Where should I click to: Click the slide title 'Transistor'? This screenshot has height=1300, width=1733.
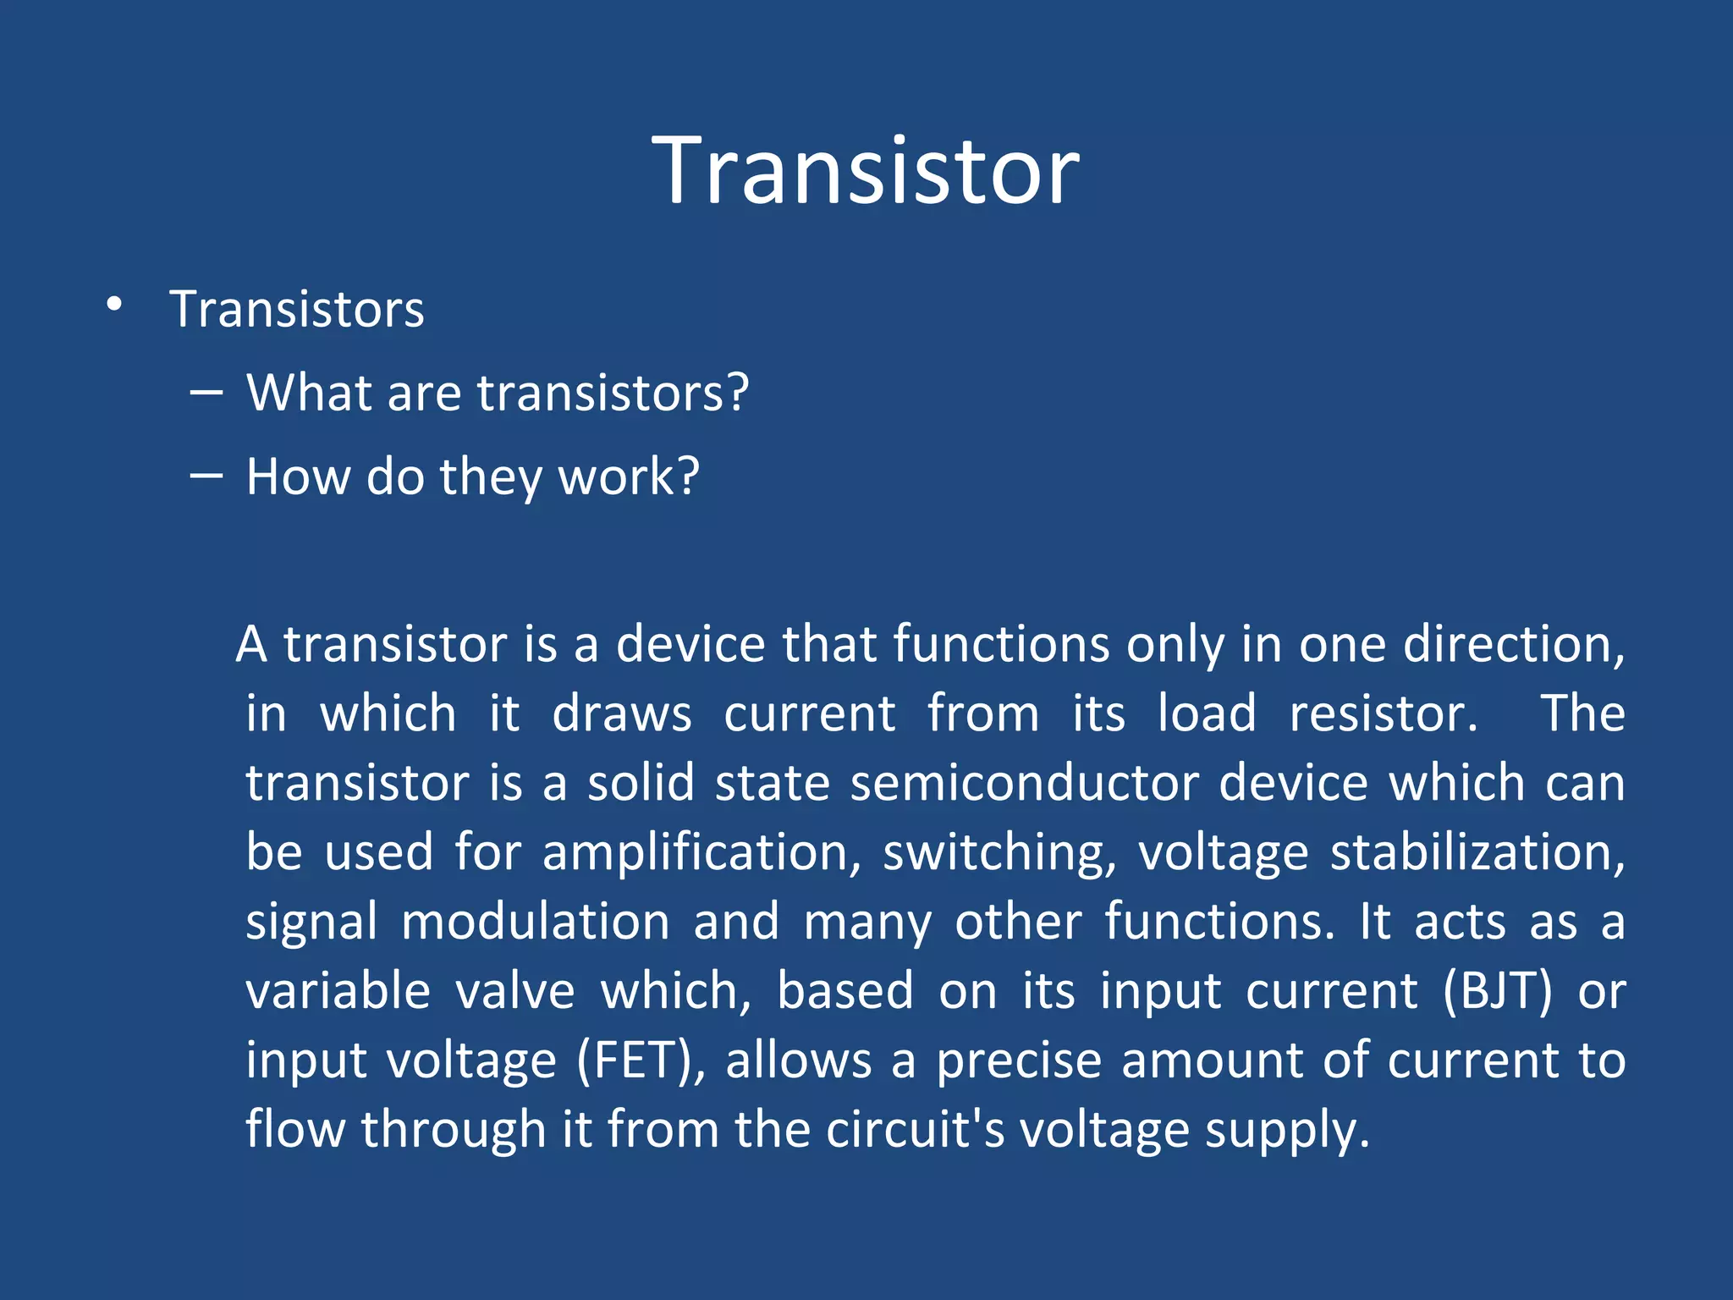[x=866, y=172]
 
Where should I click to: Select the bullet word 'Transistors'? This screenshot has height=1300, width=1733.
[x=297, y=309]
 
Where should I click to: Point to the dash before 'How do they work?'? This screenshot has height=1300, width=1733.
[x=206, y=476]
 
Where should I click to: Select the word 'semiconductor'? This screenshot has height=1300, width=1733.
[x=1025, y=782]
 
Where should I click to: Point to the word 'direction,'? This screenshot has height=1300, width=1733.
[x=1514, y=644]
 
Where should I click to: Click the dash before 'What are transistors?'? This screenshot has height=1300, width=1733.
[x=206, y=393]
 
